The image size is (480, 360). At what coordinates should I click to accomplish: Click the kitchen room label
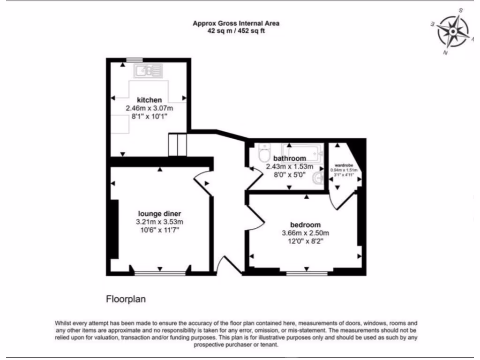click(x=149, y=100)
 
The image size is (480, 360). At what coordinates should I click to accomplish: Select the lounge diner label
click(x=159, y=214)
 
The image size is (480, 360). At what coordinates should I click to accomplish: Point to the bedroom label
click(x=305, y=224)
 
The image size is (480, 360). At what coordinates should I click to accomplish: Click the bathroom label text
click(x=289, y=158)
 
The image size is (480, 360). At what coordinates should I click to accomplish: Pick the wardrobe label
click(x=344, y=165)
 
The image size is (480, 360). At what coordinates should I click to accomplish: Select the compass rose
click(x=452, y=31)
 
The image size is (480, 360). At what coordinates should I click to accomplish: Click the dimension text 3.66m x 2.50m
click(x=305, y=233)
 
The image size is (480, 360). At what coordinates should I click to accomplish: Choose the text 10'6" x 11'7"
click(x=159, y=231)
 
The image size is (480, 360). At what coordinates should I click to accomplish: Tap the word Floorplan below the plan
click(x=126, y=298)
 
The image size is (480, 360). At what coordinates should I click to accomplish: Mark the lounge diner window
click(x=160, y=272)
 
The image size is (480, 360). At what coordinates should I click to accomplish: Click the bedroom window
click(x=307, y=272)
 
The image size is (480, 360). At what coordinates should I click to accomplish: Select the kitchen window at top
click(x=134, y=60)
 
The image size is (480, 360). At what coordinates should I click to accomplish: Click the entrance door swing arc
click(x=225, y=265)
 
